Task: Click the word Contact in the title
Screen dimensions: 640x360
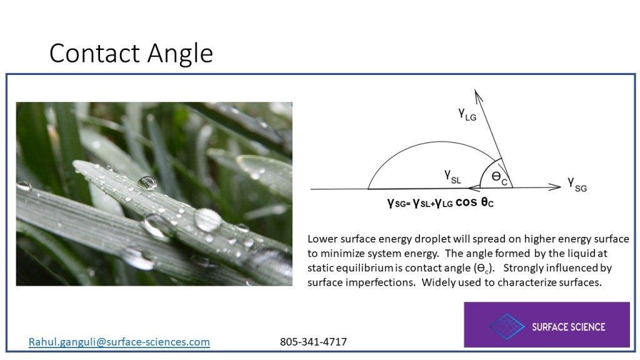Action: (95, 53)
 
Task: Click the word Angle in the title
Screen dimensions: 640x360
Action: (180, 54)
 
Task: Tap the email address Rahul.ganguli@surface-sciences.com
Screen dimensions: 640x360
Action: (119, 342)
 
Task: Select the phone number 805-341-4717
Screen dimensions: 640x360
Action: (314, 342)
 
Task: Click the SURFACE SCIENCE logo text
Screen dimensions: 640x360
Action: (569, 327)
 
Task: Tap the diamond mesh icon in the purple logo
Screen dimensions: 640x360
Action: (507, 326)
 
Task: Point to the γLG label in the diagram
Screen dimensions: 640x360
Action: (467, 114)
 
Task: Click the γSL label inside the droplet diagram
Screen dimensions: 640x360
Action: (453, 177)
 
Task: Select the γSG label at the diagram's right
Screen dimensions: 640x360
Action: (577, 184)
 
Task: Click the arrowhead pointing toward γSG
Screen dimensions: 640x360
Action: (555, 187)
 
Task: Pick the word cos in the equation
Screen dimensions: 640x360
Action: (466, 202)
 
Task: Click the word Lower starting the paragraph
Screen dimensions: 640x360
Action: (322, 239)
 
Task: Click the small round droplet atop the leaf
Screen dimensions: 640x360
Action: (147, 182)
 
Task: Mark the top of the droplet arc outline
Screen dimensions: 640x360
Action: (440, 142)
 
